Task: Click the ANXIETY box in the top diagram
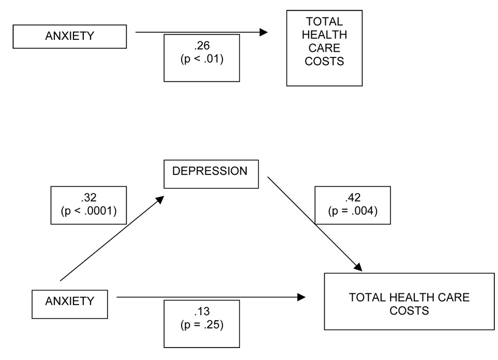[x=69, y=37]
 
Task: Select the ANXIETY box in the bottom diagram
[x=70, y=301]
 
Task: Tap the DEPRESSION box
[x=210, y=171]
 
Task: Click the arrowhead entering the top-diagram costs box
[x=264, y=33]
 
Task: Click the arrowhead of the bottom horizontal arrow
[x=301, y=297]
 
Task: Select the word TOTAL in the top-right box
[x=324, y=22]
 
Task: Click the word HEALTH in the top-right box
[x=324, y=36]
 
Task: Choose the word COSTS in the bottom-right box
[x=409, y=311]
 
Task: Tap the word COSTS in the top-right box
[x=324, y=62]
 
